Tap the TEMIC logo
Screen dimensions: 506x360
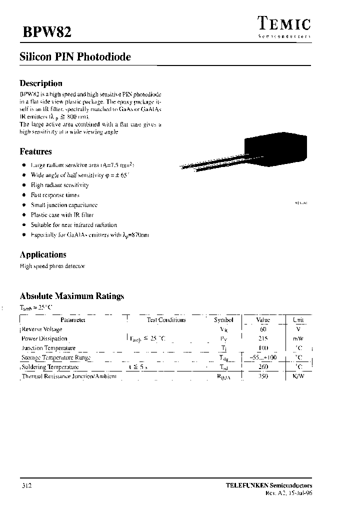coord(284,24)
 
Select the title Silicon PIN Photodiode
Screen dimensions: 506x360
coord(75,57)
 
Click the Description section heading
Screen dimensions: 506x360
coord(41,83)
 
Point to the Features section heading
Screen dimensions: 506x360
coord(35,151)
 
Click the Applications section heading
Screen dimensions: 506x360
coord(43,254)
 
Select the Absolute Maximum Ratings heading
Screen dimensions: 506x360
coord(71,296)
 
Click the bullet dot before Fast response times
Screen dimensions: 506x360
coord(23,195)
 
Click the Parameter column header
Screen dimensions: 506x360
coord(73,320)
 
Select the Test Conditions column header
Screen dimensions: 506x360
coord(166,320)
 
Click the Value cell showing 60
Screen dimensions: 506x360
coord(263,329)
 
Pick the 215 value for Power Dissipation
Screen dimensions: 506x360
coord(263,339)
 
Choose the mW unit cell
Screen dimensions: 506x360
coord(298,339)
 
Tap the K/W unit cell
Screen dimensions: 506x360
coord(298,376)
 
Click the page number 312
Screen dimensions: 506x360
coord(27,485)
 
